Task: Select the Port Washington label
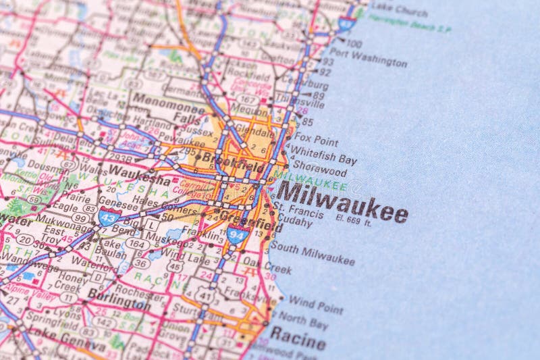(368, 58)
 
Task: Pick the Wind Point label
(316, 304)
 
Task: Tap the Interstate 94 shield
(238, 234)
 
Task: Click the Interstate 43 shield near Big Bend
(109, 217)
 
